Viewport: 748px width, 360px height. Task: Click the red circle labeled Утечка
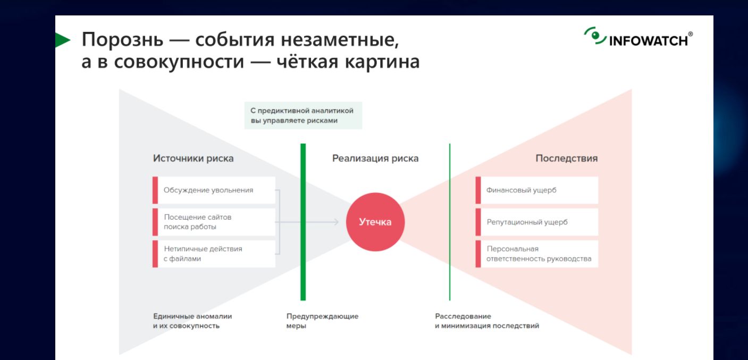point(375,222)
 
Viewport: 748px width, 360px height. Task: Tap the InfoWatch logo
point(638,37)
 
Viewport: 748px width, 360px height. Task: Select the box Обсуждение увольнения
point(214,190)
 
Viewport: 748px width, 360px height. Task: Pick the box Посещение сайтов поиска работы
point(214,222)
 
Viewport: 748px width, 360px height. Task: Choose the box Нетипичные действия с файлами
point(214,254)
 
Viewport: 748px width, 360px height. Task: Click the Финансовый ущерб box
point(537,190)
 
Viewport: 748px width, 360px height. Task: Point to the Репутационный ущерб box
point(537,222)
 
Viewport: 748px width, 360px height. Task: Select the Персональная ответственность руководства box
point(537,254)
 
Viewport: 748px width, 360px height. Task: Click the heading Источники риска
point(194,158)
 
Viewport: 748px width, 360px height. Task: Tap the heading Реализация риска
point(375,158)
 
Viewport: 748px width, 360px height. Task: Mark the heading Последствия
point(567,158)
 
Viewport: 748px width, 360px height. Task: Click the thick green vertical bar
point(303,222)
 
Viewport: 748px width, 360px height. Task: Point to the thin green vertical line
point(450,222)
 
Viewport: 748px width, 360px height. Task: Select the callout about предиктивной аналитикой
point(303,115)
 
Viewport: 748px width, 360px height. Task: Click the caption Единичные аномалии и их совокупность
point(192,321)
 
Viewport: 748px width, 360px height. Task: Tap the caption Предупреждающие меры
point(322,321)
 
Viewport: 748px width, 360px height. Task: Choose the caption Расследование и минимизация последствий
point(487,321)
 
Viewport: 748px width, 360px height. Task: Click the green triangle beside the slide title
point(62,40)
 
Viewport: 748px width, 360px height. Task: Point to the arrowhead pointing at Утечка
point(336,222)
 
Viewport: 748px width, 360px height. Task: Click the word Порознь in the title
point(123,39)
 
